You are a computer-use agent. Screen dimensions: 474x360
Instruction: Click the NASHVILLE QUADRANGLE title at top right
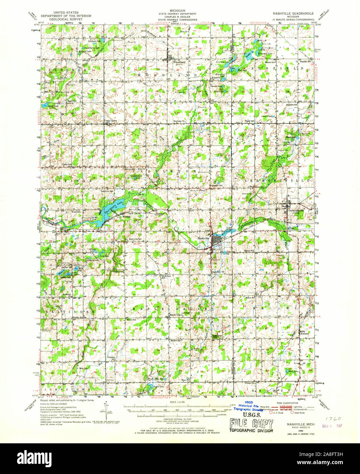pos(292,13)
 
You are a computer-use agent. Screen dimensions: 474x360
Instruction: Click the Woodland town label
pos(179,62)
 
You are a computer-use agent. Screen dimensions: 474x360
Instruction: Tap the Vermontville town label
pos(295,210)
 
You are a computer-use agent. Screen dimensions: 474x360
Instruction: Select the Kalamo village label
pos(304,333)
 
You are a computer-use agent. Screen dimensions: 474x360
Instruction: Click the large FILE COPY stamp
pos(252,424)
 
